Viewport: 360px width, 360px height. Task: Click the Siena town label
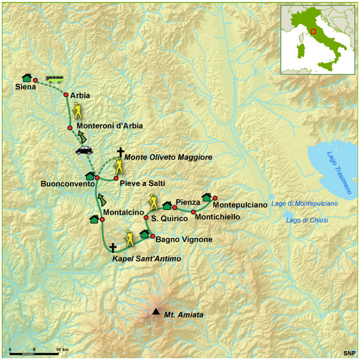coord(25,87)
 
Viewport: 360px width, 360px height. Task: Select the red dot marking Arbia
coord(66,94)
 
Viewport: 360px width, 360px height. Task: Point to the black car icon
coord(84,150)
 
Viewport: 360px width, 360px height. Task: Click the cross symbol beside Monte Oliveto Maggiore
coord(120,152)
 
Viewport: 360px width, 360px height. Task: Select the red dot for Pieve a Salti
coord(116,178)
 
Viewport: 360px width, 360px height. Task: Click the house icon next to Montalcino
coord(94,219)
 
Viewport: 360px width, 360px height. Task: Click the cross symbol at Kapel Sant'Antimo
coord(113,247)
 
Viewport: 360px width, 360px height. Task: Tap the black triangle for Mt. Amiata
coord(155,312)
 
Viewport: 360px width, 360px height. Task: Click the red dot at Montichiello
coord(194,212)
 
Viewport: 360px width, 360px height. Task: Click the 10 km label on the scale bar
coord(62,349)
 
